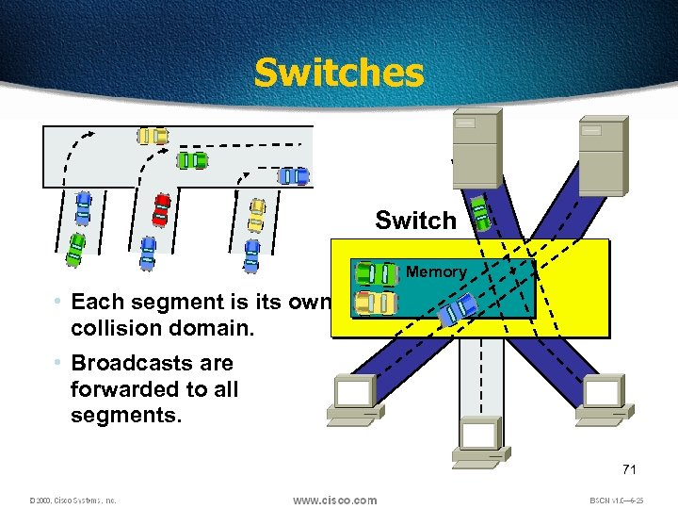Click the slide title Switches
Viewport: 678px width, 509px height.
point(339,73)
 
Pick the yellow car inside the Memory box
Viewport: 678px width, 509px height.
point(375,303)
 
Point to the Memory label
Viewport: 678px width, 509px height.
point(436,271)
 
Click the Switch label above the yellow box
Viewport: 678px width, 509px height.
point(415,221)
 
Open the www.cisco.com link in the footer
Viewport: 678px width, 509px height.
point(335,500)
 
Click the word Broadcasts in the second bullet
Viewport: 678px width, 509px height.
point(152,363)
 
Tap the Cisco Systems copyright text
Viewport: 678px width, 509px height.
point(72,501)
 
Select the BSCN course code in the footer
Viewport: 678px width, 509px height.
point(617,501)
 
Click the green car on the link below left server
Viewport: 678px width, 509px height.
point(480,213)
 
